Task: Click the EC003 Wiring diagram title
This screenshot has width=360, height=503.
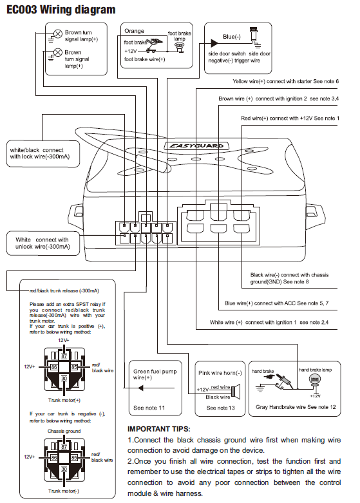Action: (x=61, y=10)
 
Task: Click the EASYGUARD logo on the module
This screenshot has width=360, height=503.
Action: (x=196, y=146)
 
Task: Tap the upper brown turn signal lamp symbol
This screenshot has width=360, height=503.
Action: (x=58, y=33)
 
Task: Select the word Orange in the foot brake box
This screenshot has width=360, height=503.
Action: (x=134, y=31)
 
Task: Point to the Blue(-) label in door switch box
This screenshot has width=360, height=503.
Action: (x=232, y=37)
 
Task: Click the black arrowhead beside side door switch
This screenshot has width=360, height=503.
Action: (x=214, y=43)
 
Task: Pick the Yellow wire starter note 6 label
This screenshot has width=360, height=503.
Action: (x=285, y=82)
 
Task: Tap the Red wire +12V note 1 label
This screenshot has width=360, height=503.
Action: (x=290, y=119)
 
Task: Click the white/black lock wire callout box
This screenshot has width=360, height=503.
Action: (x=43, y=154)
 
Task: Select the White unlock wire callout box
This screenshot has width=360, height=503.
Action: (x=43, y=243)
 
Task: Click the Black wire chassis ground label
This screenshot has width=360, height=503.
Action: (x=289, y=278)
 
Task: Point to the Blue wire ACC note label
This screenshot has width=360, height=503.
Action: (x=276, y=303)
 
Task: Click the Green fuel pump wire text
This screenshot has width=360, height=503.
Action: (x=155, y=374)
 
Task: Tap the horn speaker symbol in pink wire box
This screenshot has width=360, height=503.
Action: (x=236, y=392)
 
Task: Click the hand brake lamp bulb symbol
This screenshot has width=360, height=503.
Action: (x=315, y=380)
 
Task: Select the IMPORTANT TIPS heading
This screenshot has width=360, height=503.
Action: (x=159, y=429)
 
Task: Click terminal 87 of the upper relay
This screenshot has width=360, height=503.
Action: (x=64, y=356)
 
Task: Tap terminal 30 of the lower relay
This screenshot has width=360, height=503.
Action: (x=64, y=469)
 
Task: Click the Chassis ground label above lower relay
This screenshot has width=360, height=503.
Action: (x=64, y=431)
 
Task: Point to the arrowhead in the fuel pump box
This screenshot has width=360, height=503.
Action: (x=140, y=388)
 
